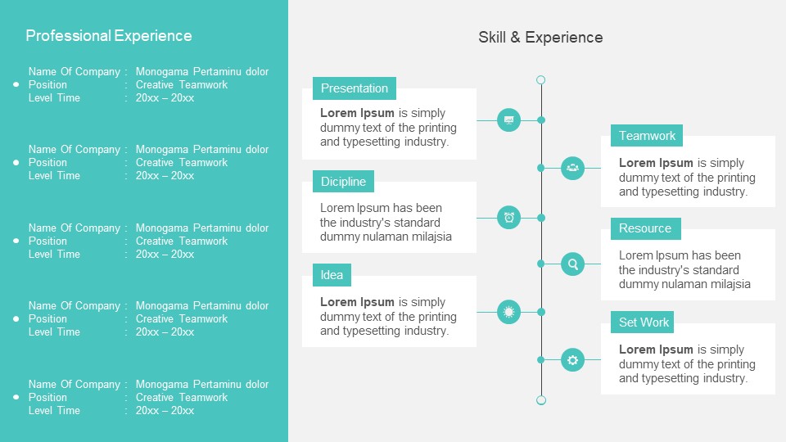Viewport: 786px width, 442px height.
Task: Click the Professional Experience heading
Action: point(109,36)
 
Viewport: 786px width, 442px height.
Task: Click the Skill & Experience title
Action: point(540,38)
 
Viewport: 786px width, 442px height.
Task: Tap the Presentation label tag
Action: point(355,88)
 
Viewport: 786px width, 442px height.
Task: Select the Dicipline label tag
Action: point(343,182)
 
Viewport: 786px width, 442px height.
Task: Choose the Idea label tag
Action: point(332,275)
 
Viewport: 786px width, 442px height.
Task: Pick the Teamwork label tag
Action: point(647,136)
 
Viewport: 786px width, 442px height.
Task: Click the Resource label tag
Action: point(645,228)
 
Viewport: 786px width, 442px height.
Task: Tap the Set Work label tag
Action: point(644,322)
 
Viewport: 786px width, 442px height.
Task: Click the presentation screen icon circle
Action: point(509,120)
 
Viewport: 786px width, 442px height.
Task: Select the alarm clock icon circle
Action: point(509,218)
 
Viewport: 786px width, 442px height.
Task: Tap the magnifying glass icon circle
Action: point(573,264)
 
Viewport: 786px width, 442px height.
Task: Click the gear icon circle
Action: point(573,359)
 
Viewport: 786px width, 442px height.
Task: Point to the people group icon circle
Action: point(573,168)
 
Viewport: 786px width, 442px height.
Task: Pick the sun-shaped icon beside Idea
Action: point(509,312)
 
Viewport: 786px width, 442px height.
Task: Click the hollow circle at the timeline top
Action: point(540,80)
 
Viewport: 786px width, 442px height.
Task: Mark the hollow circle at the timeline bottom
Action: point(540,400)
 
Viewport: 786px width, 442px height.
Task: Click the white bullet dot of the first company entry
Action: point(16,84)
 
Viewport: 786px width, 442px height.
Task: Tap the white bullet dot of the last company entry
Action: point(16,397)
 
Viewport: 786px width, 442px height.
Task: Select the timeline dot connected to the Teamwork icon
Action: point(540,168)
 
